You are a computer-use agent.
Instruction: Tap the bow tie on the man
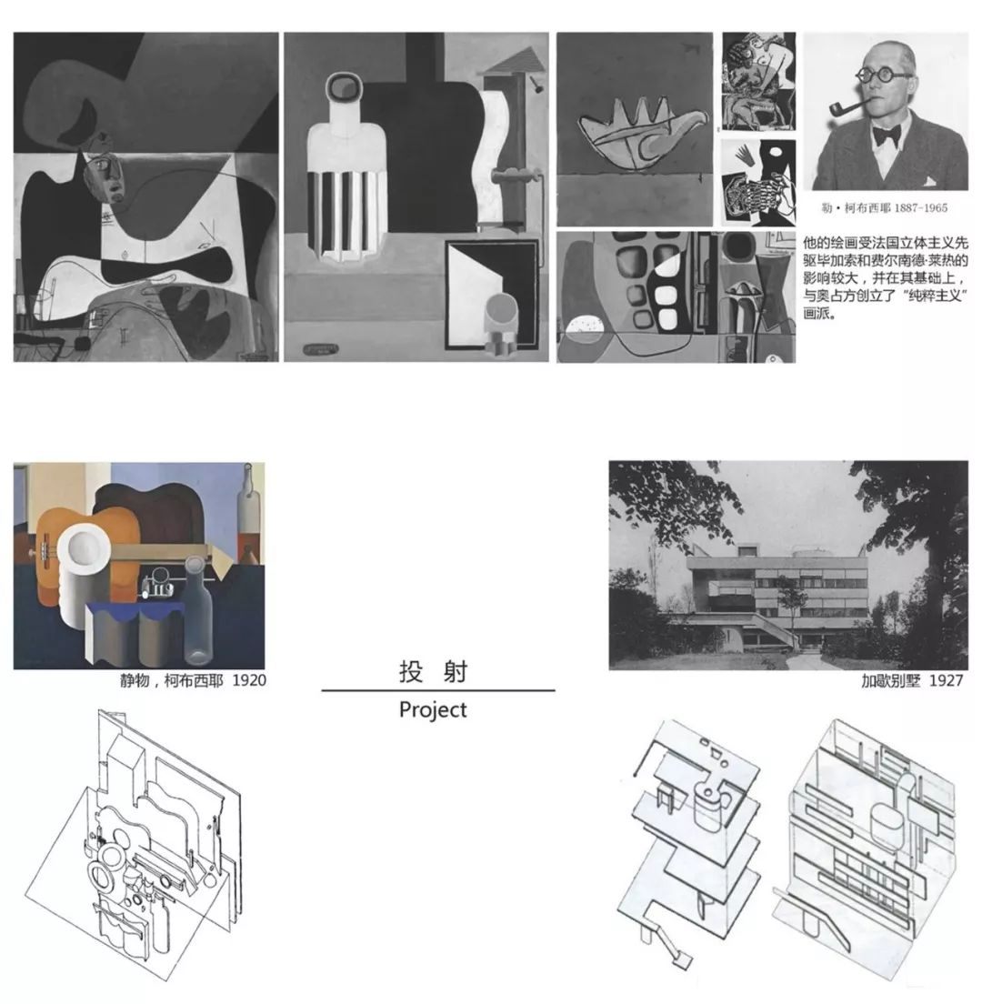click(886, 136)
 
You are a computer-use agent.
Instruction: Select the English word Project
click(433, 710)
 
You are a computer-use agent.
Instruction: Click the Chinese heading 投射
click(434, 672)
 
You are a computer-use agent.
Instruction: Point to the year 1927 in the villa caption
click(947, 680)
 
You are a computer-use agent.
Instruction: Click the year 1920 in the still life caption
click(249, 680)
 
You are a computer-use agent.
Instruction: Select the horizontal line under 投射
click(438, 691)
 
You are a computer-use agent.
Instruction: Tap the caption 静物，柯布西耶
click(172, 680)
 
